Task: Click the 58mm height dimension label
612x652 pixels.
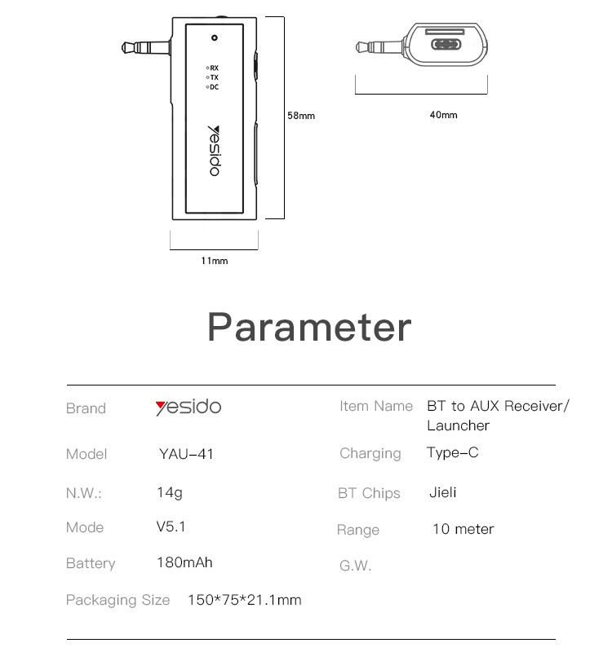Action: click(x=300, y=116)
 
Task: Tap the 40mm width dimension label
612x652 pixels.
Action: click(x=443, y=115)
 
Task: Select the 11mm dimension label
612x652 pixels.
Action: click(x=215, y=261)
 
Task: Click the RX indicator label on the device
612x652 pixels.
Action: click(x=214, y=67)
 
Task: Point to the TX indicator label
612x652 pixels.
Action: click(x=214, y=77)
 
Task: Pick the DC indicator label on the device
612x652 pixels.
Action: click(x=214, y=86)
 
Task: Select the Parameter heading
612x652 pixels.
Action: click(x=308, y=326)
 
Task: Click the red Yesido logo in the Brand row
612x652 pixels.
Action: click(x=188, y=407)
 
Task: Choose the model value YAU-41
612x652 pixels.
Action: click(x=186, y=454)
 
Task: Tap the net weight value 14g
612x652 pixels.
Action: click(x=169, y=492)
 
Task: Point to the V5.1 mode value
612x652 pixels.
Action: click(x=171, y=526)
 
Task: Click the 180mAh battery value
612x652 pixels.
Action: click(x=184, y=562)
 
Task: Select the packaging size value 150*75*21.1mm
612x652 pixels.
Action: click(x=244, y=600)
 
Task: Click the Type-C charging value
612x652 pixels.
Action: click(x=452, y=452)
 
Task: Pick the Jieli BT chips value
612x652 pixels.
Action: click(x=442, y=492)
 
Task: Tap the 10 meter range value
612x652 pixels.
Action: click(x=463, y=529)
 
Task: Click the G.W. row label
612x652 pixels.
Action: click(x=355, y=565)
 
